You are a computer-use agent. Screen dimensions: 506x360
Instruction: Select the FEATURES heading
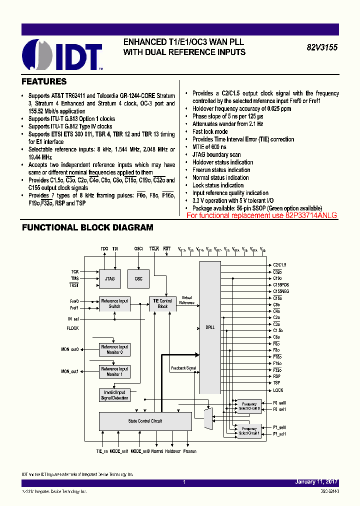(44, 81)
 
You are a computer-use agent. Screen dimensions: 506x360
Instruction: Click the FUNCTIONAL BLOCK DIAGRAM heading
(87, 227)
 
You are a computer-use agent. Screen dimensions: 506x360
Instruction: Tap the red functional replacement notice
(261, 215)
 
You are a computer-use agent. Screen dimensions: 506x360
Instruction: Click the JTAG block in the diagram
(110, 278)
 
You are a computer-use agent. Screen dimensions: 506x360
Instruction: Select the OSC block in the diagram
(138, 278)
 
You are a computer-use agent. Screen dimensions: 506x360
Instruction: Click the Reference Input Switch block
(114, 303)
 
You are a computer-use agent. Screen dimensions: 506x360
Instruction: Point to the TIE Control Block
(162, 303)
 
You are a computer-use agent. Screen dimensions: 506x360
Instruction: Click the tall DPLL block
(210, 327)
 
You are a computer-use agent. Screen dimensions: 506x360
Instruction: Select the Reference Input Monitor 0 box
(114, 349)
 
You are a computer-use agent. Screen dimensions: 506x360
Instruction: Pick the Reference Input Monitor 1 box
(114, 371)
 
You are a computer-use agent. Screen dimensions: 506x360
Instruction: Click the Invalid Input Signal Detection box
(114, 395)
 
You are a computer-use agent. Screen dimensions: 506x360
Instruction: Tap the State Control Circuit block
(145, 421)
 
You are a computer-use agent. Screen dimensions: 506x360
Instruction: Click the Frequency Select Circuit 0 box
(249, 406)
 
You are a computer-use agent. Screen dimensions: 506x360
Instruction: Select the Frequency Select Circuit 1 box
(249, 430)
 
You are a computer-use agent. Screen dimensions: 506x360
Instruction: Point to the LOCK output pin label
(278, 390)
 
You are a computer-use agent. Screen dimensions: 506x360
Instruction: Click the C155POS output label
(281, 284)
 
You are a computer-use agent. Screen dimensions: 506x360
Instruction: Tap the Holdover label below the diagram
(173, 451)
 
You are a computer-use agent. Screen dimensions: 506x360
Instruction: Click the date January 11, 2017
(316, 482)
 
